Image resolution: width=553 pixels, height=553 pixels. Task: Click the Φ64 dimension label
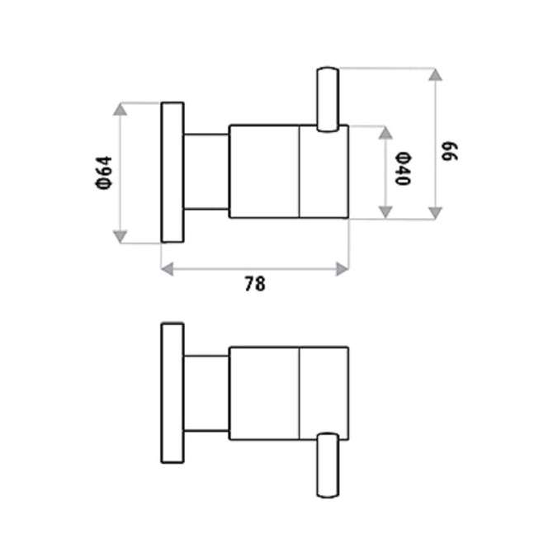(x=104, y=173)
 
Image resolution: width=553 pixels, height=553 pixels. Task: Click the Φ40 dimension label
(x=402, y=168)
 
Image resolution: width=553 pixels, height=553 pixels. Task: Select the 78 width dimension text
(x=255, y=284)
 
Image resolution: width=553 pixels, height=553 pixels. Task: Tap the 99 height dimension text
(x=450, y=152)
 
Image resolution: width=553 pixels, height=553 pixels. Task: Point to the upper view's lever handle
(x=328, y=99)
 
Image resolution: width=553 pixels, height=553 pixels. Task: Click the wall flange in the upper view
(x=172, y=173)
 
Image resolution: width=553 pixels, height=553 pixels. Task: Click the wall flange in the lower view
(x=172, y=393)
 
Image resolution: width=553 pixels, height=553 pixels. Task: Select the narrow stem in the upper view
(x=206, y=171)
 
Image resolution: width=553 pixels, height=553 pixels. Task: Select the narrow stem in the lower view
(x=206, y=393)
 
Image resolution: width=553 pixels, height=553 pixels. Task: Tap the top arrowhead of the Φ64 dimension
(x=121, y=110)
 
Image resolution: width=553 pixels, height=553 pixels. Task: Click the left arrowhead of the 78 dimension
(x=168, y=268)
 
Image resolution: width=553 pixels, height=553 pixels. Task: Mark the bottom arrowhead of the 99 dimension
(x=435, y=212)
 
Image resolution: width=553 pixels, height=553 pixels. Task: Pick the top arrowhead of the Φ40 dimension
(x=385, y=132)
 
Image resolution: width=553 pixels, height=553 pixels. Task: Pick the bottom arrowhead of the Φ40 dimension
(x=385, y=212)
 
